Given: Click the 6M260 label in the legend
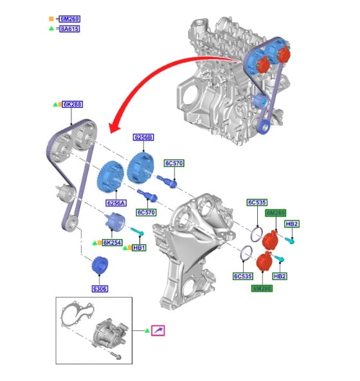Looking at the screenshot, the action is click(x=69, y=19).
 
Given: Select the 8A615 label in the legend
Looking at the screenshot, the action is click(x=69, y=29).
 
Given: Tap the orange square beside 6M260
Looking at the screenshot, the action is click(x=51, y=19).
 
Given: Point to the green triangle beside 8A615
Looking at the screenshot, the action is click(x=51, y=28).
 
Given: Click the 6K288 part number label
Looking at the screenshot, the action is click(x=73, y=104).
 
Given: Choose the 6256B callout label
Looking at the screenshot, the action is click(x=143, y=137).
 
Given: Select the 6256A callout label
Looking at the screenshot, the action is click(x=116, y=203).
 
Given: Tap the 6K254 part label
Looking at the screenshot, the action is click(x=112, y=242).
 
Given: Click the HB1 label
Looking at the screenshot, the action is click(x=139, y=247).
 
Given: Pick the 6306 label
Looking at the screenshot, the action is click(x=100, y=288).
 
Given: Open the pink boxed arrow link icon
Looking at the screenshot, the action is click(x=158, y=330).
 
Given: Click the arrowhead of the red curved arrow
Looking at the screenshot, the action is click(x=114, y=128).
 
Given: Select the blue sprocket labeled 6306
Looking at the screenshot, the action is click(x=100, y=265).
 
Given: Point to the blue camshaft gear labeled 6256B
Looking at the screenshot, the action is click(x=141, y=168).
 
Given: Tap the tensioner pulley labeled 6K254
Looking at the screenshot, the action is click(x=114, y=221).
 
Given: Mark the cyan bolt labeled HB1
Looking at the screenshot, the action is click(x=138, y=231).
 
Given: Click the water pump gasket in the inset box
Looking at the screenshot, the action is click(x=76, y=314).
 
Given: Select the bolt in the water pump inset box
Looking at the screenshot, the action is click(x=116, y=356).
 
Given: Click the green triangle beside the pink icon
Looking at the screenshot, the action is click(x=147, y=331).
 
